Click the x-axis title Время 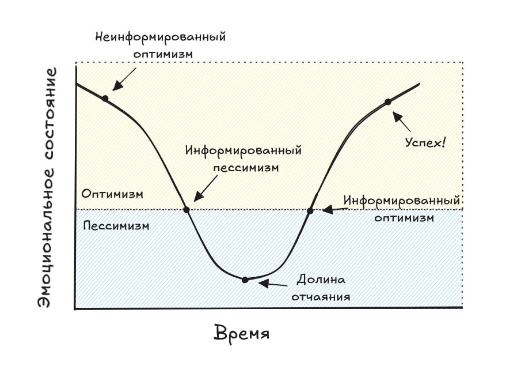[x=242, y=334]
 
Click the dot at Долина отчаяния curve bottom [x=245, y=280]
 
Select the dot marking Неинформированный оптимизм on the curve [x=105, y=98]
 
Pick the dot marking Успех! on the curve [x=388, y=101]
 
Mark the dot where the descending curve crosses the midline [x=186, y=209]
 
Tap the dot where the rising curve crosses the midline [x=310, y=210]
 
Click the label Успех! [x=425, y=142]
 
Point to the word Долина [x=321, y=280]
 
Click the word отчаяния [x=321, y=297]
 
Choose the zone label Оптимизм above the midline [x=112, y=194]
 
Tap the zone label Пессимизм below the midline [x=116, y=225]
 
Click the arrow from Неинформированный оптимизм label [x=124, y=79]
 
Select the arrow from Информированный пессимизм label [x=206, y=186]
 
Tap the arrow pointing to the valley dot [x=273, y=284]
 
